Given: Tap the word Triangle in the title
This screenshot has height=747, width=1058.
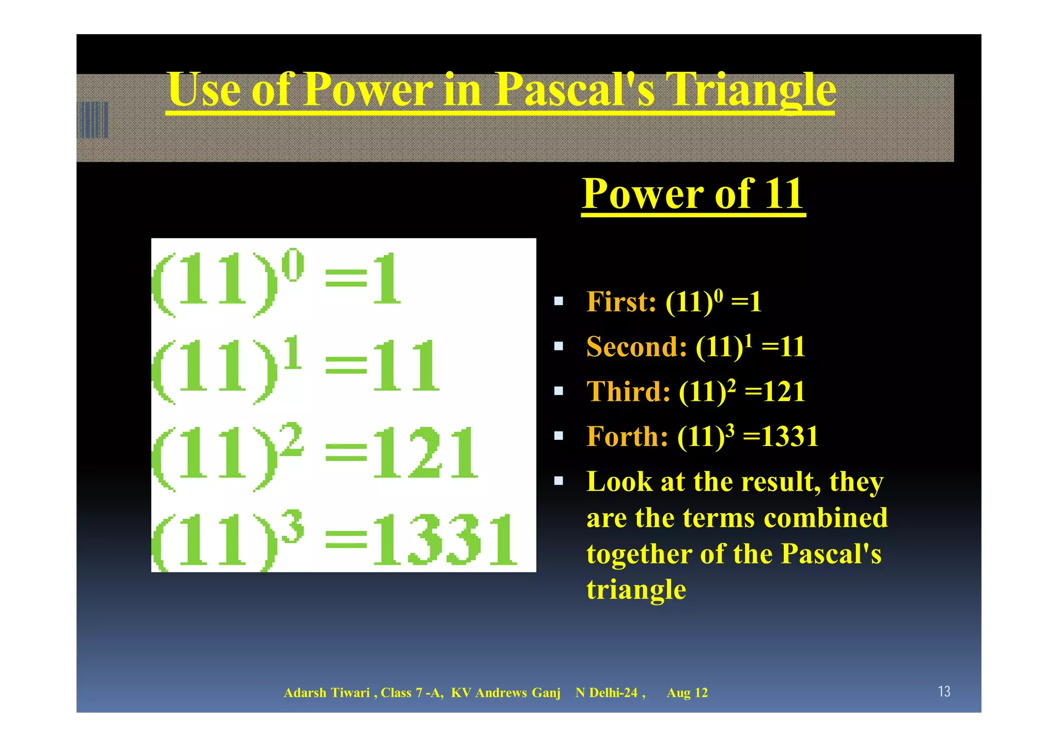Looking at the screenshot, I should (x=750, y=91).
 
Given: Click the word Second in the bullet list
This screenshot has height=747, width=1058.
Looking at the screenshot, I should (x=636, y=346).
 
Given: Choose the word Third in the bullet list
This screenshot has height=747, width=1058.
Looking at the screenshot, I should (x=628, y=391).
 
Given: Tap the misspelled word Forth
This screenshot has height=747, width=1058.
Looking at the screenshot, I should (x=627, y=437).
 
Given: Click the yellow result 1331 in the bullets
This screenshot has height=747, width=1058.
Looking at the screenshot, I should (x=790, y=437).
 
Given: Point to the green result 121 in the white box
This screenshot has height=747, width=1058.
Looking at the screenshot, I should (x=425, y=453).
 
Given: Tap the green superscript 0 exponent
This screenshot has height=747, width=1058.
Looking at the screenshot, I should (x=293, y=265).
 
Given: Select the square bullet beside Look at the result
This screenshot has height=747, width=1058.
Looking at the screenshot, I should (x=558, y=481).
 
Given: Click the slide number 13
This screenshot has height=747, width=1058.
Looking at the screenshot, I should (x=944, y=691).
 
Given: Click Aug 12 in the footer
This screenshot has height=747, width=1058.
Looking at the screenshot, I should (x=687, y=693).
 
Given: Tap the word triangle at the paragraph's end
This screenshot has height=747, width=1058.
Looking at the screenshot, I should (x=636, y=590).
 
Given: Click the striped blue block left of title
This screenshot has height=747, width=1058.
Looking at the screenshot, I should (x=93, y=120).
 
